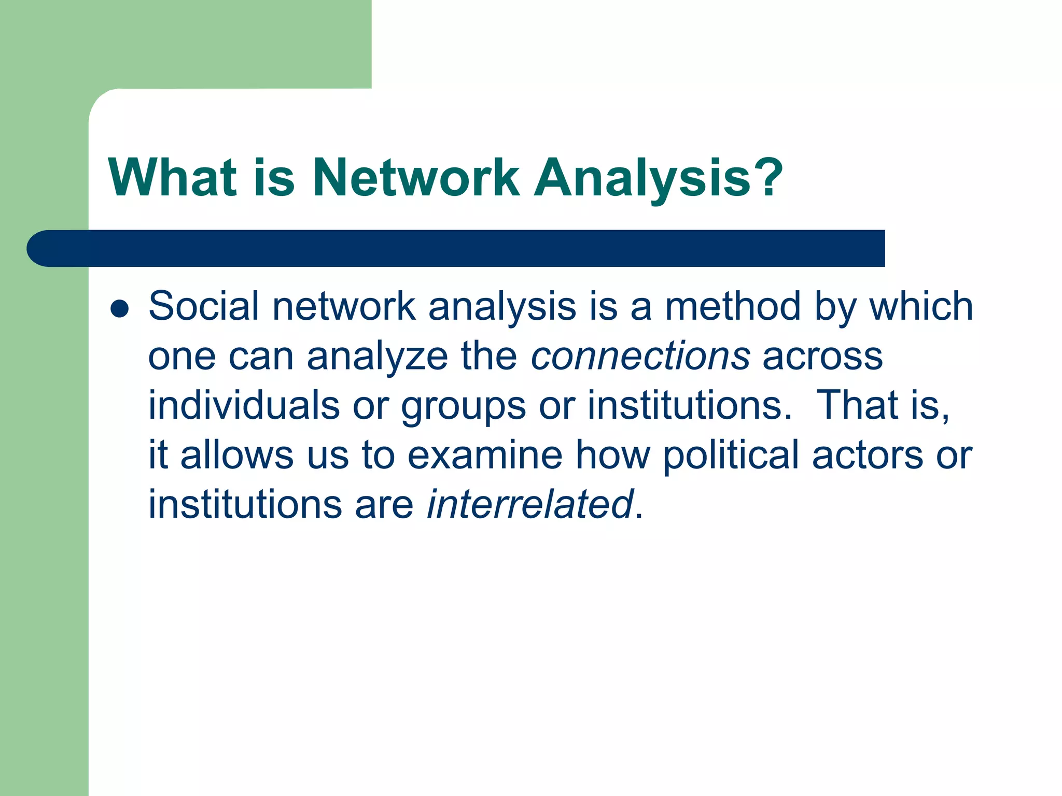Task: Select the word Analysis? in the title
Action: pos(658,179)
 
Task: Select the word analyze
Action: pos(378,357)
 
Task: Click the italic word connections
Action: pos(640,356)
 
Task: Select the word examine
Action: pos(485,454)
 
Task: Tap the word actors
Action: pos(868,454)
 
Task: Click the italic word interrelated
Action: pos(529,504)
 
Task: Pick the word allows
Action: pos(237,454)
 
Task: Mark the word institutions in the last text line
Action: pos(245,504)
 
